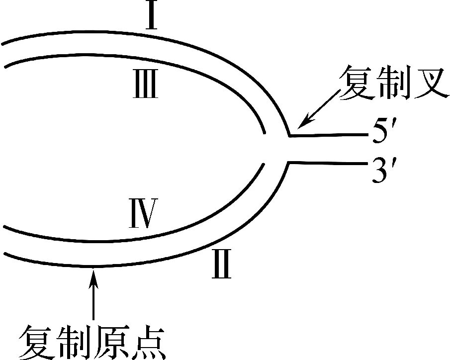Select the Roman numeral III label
pos(145,85)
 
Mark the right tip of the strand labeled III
pos(265,133)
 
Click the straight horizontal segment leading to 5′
pos(328,134)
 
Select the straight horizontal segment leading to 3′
pos(328,162)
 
